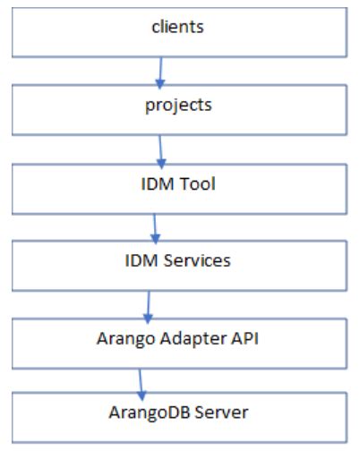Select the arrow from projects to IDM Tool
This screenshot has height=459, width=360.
click(160, 149)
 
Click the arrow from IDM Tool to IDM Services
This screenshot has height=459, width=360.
click(155, 226)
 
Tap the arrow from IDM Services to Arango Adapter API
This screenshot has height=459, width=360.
click(149, 303)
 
